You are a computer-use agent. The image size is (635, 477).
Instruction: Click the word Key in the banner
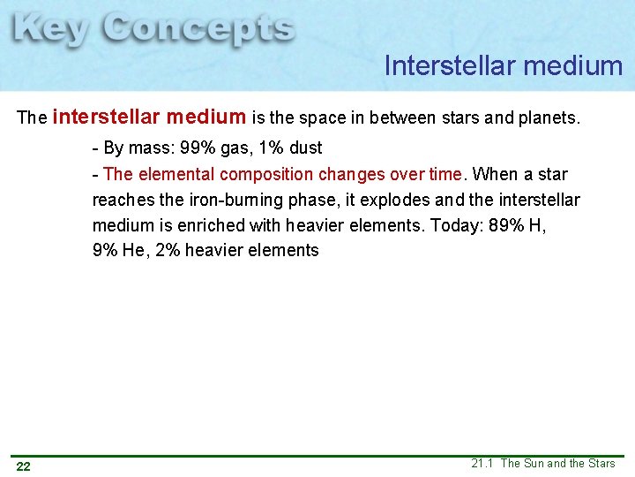(50, 30)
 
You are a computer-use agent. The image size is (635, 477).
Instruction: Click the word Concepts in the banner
(198, 30)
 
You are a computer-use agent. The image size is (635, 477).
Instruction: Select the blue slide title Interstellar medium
(504, 65)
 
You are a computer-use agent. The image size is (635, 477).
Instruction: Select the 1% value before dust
(269, 148)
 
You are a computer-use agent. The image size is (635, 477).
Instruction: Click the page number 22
(24, 466)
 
